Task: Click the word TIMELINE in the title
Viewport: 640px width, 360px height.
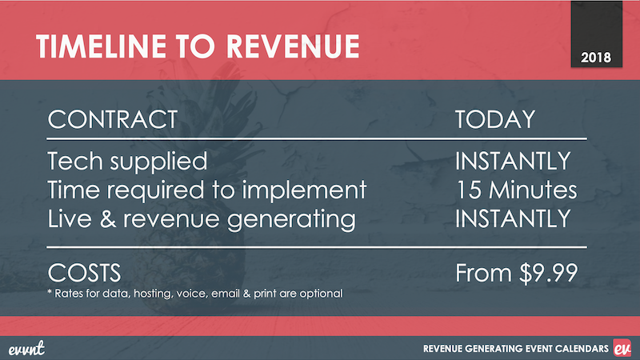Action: (x=101, y=46)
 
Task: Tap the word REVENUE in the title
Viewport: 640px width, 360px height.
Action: (x=293, y=46)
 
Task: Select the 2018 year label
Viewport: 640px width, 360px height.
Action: (x=596, y=58)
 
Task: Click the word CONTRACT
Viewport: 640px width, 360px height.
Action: (x=112, y=119)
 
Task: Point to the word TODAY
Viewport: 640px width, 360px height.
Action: (x=494, y=119)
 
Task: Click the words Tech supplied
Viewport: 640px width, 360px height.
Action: (x=127, y=162)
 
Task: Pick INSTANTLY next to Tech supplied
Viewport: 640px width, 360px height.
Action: (x=513, y=161)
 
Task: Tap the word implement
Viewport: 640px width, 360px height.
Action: (x=304, y=190)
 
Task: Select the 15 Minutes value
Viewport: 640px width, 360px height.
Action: (x=517, y=190)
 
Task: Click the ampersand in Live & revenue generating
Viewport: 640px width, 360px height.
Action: (x=108, y=218)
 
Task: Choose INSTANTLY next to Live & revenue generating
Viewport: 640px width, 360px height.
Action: (x=513, y=218)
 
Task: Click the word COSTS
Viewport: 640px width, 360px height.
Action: (x=84, y=273)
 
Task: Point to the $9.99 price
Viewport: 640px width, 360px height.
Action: (x=549, y=273)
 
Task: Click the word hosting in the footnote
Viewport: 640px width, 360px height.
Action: (x=153, y=294)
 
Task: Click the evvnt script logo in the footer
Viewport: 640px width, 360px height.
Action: (x=26, y=348)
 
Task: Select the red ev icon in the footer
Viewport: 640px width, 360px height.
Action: (x=622, y=348)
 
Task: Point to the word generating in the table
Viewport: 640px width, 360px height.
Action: (x=291, y=219)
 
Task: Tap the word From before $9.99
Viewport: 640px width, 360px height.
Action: (x=484, y=273)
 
